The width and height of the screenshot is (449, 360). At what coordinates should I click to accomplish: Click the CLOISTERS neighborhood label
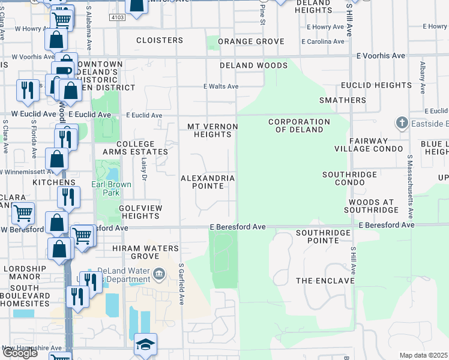tap(159, 40)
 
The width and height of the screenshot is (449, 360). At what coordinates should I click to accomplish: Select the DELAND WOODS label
tap(253, 65)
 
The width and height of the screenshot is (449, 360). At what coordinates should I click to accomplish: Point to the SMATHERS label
tap(343, 100)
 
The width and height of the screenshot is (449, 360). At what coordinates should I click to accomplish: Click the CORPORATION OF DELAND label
tap(299, 125)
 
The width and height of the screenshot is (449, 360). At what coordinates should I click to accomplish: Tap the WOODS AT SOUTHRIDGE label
tap(371, 205)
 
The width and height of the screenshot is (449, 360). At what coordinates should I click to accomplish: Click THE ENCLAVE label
tap(325, 281)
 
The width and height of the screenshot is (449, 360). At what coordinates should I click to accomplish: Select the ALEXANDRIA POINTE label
tap(208, 182)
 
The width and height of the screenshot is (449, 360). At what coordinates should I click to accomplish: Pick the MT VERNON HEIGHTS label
tap(212, 130)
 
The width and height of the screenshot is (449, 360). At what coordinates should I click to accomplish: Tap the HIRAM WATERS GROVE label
tap(145, 252)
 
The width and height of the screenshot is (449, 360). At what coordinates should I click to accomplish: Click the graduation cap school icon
tap(145, 345)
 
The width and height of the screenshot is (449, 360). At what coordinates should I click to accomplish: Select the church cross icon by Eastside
tap(402, 123)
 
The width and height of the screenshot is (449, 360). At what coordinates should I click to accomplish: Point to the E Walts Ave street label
tap(221, 86)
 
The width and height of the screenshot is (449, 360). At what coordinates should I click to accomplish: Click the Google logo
tap(20, 353)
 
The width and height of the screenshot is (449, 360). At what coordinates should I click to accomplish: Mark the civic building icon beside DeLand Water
tap(159, 275)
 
